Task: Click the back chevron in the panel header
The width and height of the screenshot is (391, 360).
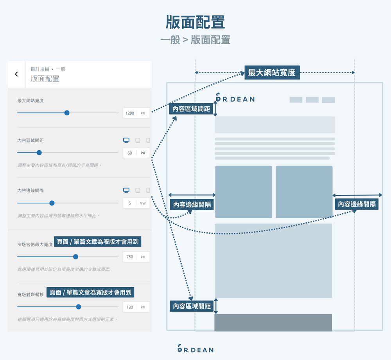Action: click(16, 74)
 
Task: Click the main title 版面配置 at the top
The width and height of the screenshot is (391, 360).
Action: click(195, 22)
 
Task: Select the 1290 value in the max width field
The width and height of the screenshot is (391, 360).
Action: click(130, 113)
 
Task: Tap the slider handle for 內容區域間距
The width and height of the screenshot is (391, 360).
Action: click(39, 153)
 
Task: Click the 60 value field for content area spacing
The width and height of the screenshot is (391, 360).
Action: click(130, 153)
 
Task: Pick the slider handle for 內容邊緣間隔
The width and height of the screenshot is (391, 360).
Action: click(52, 203)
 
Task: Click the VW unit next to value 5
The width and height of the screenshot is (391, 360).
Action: click(143, 203)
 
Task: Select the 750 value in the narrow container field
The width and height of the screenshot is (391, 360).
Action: click(130, 257)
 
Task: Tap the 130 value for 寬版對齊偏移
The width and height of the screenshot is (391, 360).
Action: click(130, 307)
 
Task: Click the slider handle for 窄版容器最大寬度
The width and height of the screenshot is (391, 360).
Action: click(76, 257)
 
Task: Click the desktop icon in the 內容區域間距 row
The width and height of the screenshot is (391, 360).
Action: click(126, 140)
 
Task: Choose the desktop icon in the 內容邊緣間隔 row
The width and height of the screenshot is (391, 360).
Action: click(126, 190)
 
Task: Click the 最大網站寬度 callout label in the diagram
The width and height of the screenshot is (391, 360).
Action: click(272, 72)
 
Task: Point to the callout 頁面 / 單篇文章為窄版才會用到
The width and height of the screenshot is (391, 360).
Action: click(98, 242)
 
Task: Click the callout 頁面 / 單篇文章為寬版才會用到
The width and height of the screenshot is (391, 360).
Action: click(91, 292)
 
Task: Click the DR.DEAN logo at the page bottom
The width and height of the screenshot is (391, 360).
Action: click(195, 349)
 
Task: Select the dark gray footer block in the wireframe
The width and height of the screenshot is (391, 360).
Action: click(273, 322)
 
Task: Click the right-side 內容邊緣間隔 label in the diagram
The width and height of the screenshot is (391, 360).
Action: click(357, 204)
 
